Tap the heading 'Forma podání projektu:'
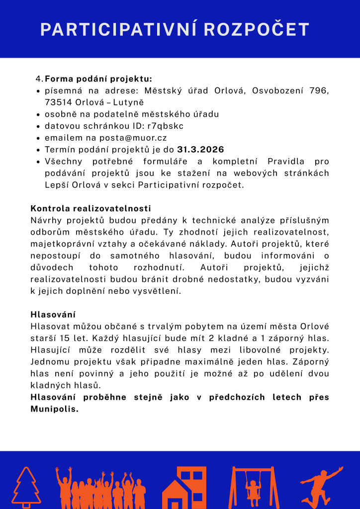click(x=98, y=79)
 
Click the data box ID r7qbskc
click(x=165, y=126)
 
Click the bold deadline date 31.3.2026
click(x=200, y=150)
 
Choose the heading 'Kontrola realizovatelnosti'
click(x=90, y=208)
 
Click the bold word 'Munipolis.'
click(x=55, y=409)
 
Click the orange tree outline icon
click(x=26, y=487)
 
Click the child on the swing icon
click(x=253, y=487)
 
